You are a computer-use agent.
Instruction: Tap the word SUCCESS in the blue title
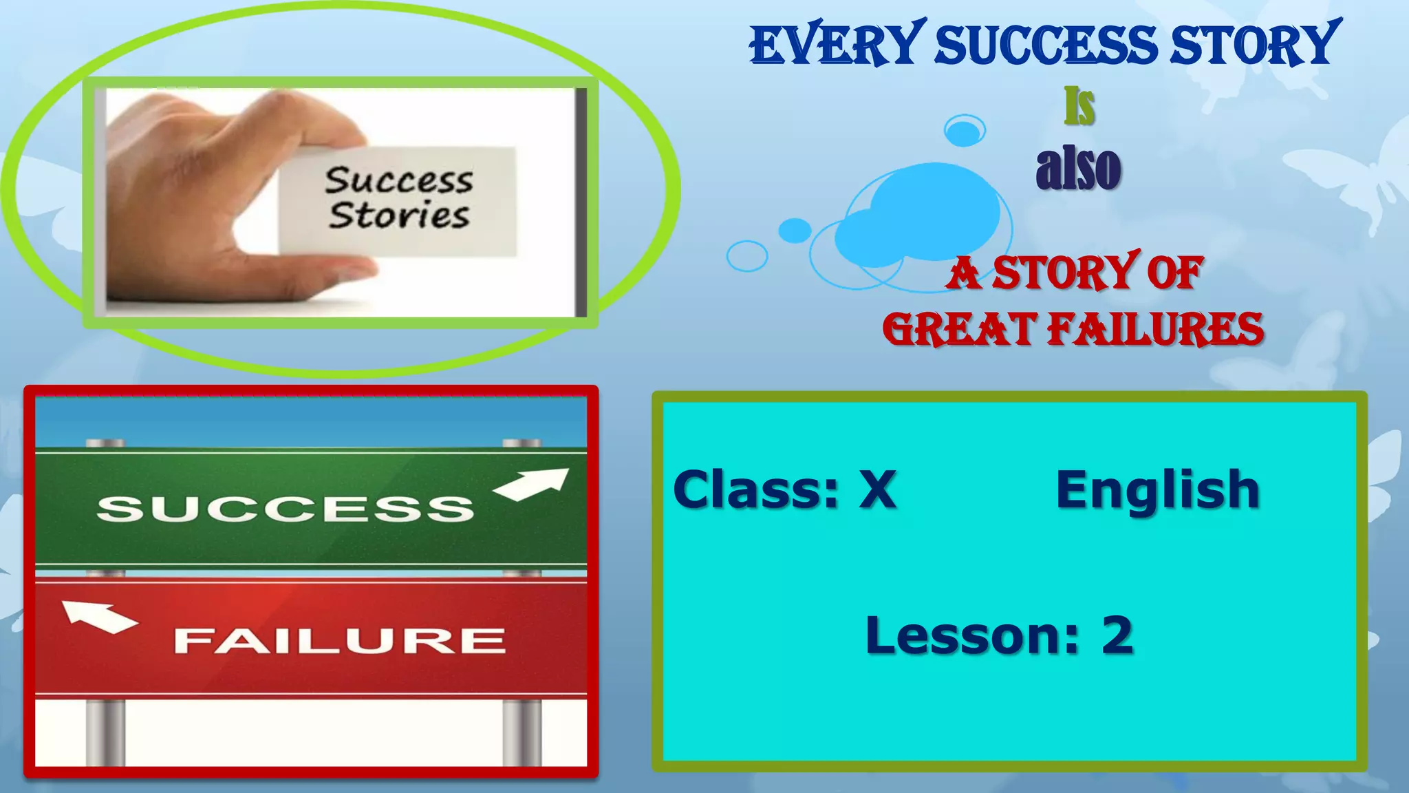(1045, 45)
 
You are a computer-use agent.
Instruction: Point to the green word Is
(1079, 107)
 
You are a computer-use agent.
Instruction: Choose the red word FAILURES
(1155, 329)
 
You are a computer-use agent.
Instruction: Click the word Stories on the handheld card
(399, 215)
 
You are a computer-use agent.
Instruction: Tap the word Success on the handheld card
(399, 180)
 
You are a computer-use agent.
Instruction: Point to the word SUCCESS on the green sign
(286, 509)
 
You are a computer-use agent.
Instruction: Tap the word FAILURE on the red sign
(340, 641)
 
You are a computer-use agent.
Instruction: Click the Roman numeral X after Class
(877, 489)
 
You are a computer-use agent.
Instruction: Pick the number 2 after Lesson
(1117, 635)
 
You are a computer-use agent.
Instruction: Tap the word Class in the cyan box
(756, 489)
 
